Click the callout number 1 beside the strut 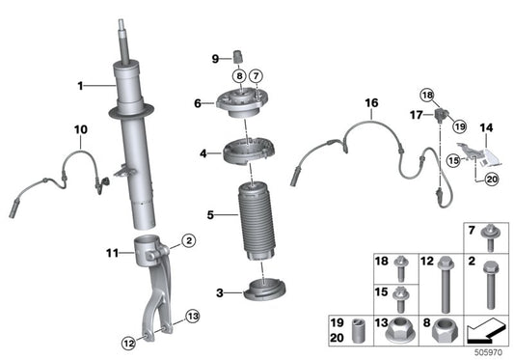pos(82,87)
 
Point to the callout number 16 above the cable pos(371,102)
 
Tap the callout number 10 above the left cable pos(80,128)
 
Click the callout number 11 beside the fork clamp pos(112,253)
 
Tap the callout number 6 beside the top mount pos(197,102)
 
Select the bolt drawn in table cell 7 pos(491,235)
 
